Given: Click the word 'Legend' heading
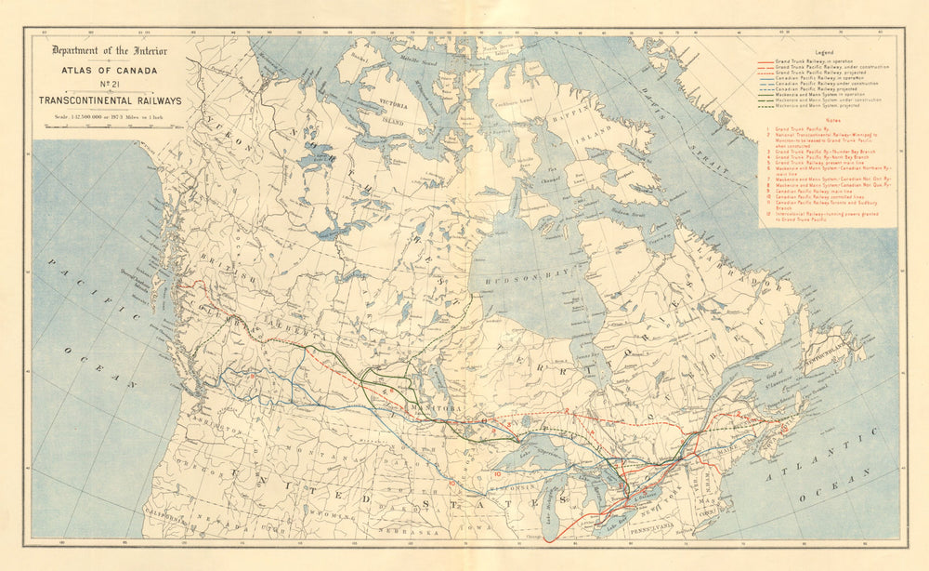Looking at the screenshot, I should [x=824, y=52].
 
